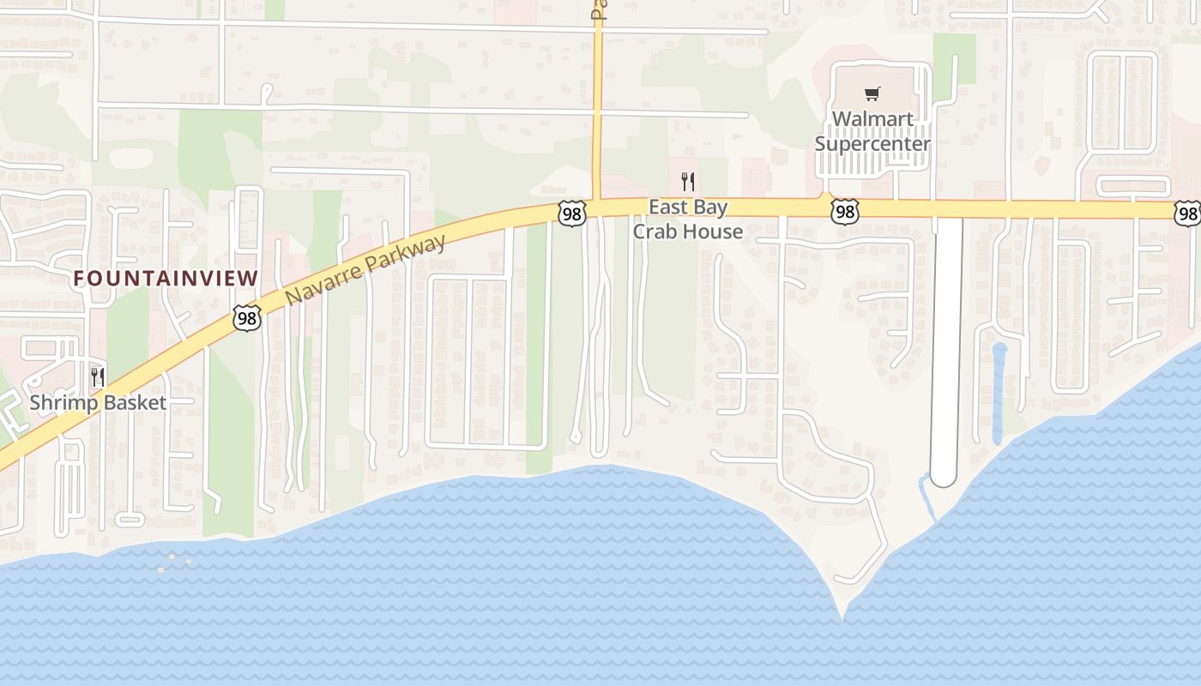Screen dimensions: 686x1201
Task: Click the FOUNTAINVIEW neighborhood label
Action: pos(166,278)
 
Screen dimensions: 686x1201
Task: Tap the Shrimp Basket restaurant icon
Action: pos(98,377)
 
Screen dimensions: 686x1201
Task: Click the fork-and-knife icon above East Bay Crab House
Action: pos(686,181)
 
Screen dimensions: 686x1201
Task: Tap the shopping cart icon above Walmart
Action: pos(872,94)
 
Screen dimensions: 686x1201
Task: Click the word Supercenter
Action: pos(872,143)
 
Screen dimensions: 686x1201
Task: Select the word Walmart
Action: pos(872,119)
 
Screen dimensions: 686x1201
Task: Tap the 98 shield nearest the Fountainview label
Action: pos(246,319)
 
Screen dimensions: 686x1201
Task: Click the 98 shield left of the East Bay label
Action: pos(570,214)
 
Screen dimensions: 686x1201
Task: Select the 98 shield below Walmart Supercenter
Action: pos(844,210)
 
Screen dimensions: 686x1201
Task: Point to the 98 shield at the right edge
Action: pos(1188,213)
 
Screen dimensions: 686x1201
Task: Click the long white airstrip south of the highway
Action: pos(946,343)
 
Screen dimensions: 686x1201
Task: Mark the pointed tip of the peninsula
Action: pos(842,614)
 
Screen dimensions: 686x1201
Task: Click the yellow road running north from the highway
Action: pos(597,103)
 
